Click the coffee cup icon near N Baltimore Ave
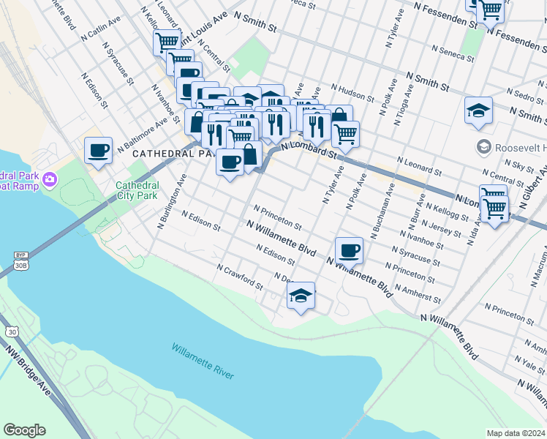[x=98, y=151]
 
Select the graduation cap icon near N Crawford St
[x=301, y=296]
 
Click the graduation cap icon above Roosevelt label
[x=478, y=110]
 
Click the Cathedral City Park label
[x=137, y=190]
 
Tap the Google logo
[x=24, y=430]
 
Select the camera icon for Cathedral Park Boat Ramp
[x=50, y=179]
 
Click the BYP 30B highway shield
[x=20, y=260]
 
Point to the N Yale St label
[x=529, y=361]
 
